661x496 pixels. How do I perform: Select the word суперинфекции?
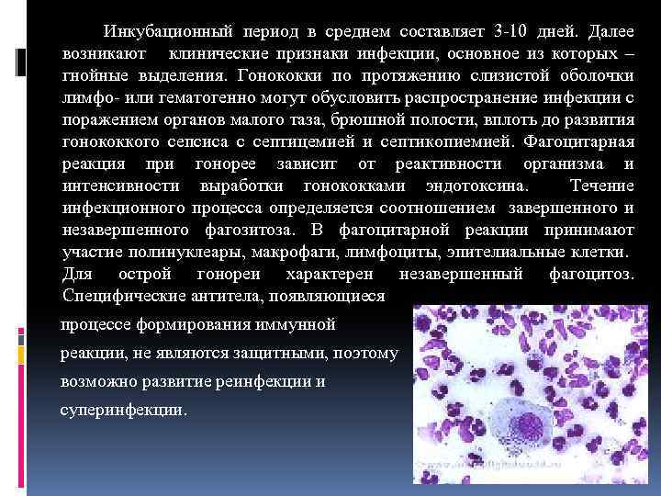(124, 410)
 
